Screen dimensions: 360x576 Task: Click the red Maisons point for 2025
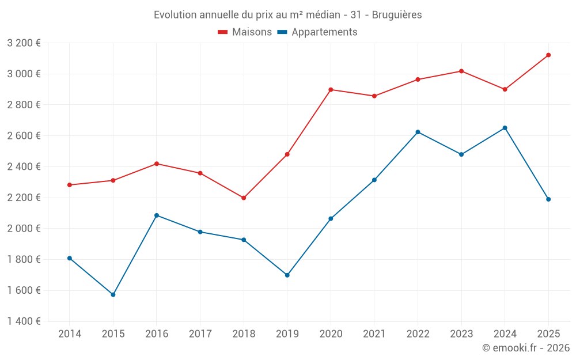tap(548, 55)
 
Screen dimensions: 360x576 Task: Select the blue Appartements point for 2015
tap(113, 294)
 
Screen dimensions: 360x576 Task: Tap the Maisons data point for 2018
tap(244, 198)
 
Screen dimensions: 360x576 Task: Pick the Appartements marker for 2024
tap(505, 128)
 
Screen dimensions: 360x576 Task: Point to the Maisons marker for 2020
tap(331, 90)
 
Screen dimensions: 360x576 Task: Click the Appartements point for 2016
tap(157, 215)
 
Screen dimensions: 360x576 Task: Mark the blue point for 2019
tap(287, 275)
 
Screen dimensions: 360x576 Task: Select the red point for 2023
tap(461, 71)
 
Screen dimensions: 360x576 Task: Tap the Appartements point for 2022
tap(418, 132)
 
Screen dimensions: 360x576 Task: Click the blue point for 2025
tap(548, 199)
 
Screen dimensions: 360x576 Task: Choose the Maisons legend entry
tap(245, 32)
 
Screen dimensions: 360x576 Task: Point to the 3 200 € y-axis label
tap(24, 43)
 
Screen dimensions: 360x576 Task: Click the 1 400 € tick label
tap(24, 321)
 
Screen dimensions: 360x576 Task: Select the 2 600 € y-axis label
tap(24, 135)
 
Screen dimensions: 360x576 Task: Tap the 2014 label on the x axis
tap(70, 334)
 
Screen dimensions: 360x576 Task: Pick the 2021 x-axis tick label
tap(374, 334)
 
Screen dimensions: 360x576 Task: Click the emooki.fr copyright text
tap(525, 348)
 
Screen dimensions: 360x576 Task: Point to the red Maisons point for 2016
tap(157, 164)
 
